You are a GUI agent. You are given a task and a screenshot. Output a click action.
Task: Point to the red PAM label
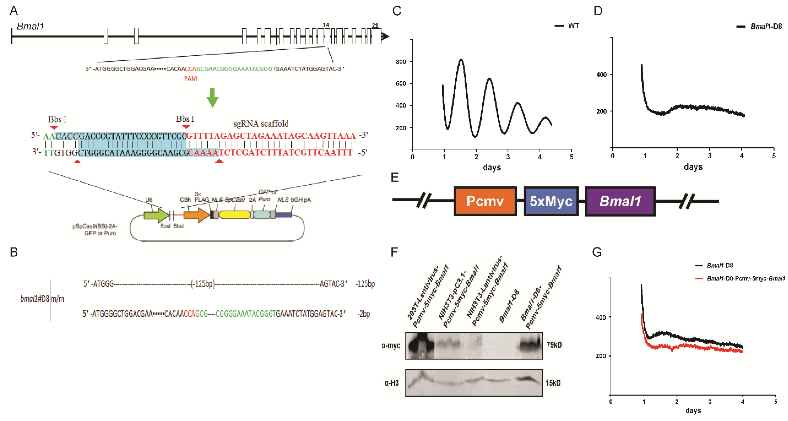tap(190, 79)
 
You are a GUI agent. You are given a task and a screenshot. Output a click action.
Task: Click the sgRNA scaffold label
tap(261, 124)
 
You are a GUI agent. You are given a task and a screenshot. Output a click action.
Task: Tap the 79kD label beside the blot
tap(554, 345)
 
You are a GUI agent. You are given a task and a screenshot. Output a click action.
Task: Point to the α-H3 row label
tap(392, 383)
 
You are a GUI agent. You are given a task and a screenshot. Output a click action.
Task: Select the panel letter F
tap(394, 252)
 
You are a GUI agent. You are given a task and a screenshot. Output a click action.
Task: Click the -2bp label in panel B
tap(364, 314)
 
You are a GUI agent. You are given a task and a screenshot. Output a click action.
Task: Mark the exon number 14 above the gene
tap(326, 25)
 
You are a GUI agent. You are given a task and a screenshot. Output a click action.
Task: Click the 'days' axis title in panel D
tap(693, 167)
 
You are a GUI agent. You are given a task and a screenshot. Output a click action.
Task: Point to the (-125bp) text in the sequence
tap(203, 284)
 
